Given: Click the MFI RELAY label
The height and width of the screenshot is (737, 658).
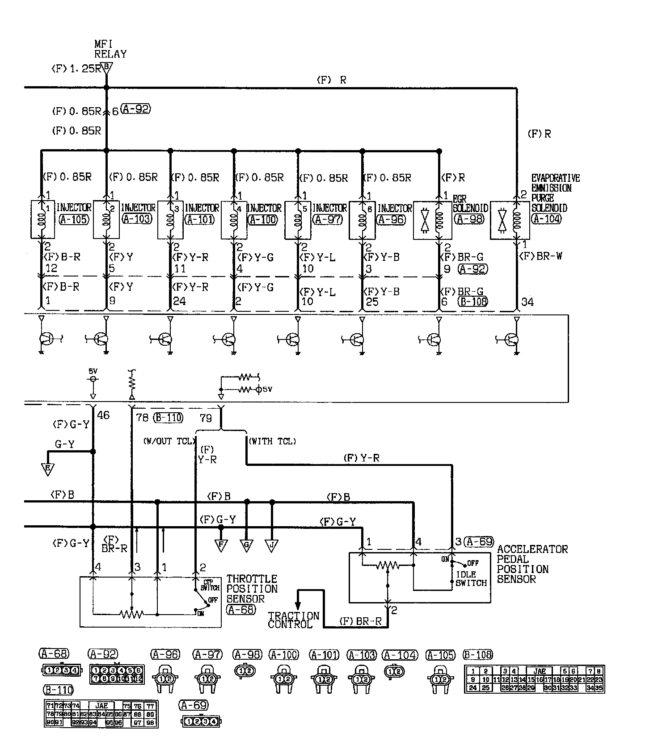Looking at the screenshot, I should click(110, 49).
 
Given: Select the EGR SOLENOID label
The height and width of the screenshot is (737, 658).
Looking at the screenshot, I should click(470, 203).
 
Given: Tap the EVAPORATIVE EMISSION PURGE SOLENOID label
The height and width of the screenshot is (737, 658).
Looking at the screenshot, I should click(555, 193).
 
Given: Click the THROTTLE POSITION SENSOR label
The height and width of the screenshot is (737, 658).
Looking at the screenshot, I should click(252, 589).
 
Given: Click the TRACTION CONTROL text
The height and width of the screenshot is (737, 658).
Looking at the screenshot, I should click(294, 620).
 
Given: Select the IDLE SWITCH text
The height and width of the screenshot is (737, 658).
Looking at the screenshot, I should click(471, 578).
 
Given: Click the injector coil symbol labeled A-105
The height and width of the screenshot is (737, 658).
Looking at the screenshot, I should click(43, 219).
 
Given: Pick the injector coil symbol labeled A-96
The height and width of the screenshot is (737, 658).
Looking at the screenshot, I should click(362, 219).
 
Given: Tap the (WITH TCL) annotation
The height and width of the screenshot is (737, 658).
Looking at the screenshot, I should click(272, 441).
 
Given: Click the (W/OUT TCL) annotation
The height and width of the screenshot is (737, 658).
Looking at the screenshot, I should click(169, 441).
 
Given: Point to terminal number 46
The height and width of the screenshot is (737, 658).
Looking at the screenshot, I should click(103, 415).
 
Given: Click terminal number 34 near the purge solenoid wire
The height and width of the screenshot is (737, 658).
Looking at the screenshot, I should click(527, 302).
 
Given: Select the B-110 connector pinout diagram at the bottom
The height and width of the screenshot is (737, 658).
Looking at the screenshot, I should click(101, 714).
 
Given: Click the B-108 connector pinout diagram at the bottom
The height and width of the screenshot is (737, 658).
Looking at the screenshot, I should click(534, 680).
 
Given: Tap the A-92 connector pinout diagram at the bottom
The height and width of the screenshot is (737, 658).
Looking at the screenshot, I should click(117, 674).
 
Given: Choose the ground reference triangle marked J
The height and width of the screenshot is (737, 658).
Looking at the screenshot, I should click(272, 546).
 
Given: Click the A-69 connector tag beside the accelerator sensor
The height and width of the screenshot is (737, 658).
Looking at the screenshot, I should click(479, 542).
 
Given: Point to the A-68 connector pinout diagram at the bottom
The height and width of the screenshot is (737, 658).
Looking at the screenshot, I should click(62, 670).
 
